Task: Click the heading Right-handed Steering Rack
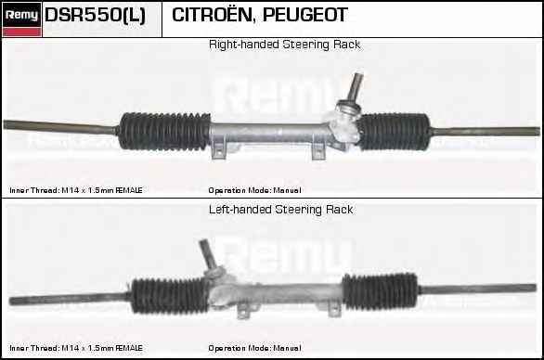[284, 45]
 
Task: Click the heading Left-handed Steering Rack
[281, 210]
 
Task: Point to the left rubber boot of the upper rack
[165, 130]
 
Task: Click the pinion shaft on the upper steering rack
[353, 90]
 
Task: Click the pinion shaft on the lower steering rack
[205, 254]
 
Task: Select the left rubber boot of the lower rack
[168, 295]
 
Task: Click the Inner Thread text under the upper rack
[75, 189]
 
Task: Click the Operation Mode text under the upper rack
[254, 189]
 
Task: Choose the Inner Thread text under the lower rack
[75, 348]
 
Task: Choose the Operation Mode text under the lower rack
[254, 348]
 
